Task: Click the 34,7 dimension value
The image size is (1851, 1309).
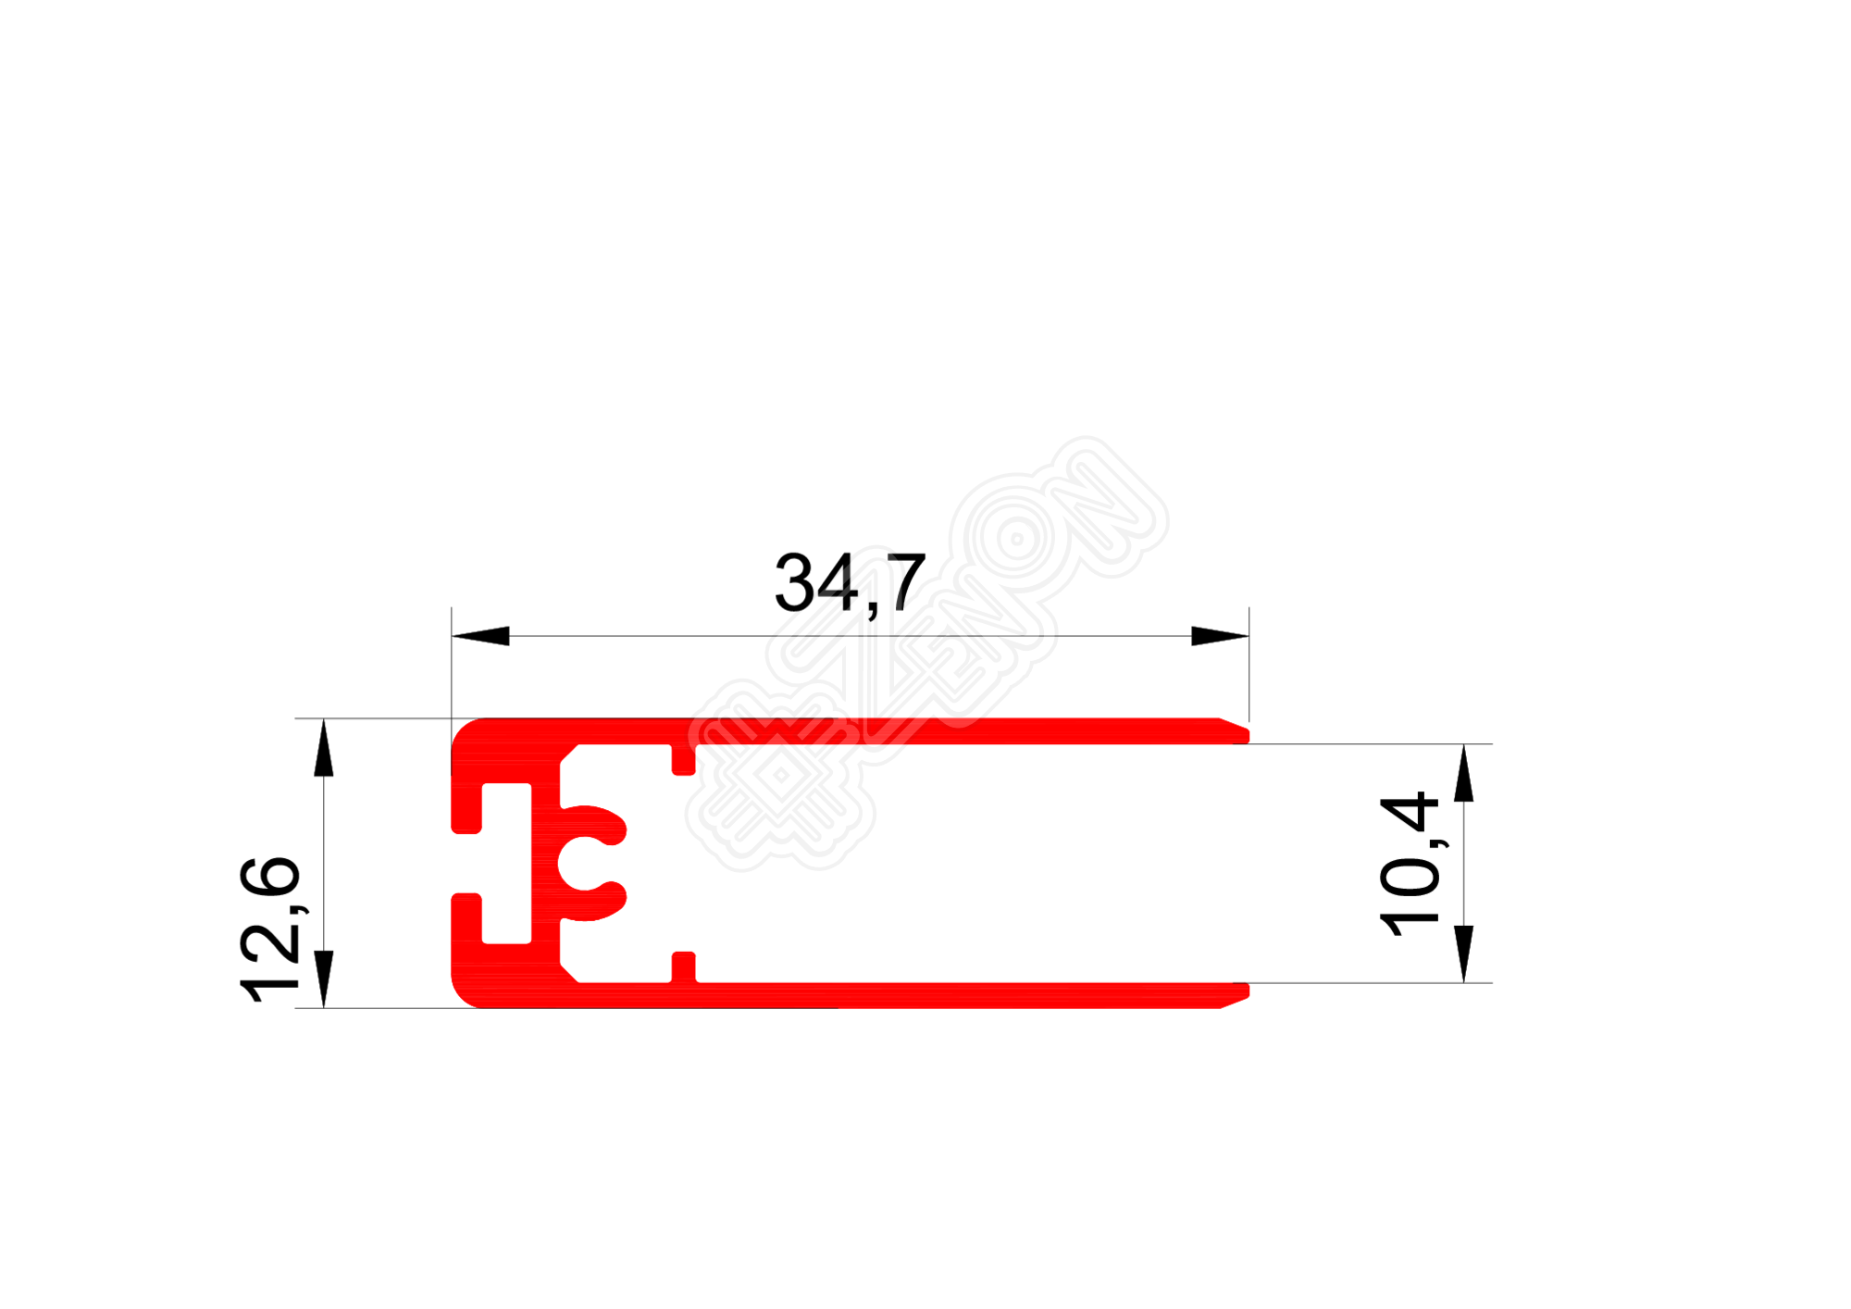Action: [x=849, y=584]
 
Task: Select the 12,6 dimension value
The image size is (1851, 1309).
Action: [x=269, y=930]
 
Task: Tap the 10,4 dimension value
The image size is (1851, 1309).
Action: [x=1409, y=864]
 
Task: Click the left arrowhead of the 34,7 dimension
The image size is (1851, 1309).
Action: [x=481, y=636]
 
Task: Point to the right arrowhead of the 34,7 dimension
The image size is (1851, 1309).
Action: [x=1219, y=636]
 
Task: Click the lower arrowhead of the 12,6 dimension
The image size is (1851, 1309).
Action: [x=323, y=978]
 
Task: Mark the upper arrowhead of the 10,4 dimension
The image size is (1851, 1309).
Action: [x=1463, y=773]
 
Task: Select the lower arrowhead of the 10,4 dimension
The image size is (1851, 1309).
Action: [x=1463, y=953]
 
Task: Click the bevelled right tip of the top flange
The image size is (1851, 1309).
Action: [x=1236, y=731]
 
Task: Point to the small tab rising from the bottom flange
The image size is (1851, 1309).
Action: [x=683, y=966]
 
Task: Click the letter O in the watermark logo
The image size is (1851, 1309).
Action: [x=1016, y=540]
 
